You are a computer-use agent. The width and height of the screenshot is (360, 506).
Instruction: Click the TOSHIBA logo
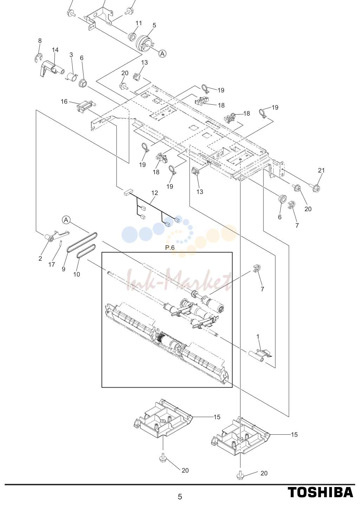coord(320,492)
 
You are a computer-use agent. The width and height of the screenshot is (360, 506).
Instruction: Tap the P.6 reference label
coord(170,248)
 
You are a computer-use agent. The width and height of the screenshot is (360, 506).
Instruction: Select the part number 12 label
coord(155,193)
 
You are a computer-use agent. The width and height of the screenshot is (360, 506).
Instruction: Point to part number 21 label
coord(321,170)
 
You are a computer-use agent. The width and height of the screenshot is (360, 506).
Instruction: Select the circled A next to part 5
coord(162,53)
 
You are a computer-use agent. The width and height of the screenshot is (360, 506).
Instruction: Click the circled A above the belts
coord(66,220)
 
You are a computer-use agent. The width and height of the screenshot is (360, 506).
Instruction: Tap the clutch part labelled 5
coord(145,44)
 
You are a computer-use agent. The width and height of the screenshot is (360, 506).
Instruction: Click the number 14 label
coord(55,50)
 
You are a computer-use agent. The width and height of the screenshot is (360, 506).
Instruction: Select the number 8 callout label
coord(40,41)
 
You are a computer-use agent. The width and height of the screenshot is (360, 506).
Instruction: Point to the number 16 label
coord(64,102)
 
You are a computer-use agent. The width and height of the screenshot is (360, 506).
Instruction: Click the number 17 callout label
coord(52,264)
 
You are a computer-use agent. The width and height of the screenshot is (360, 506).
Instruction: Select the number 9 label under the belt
coord(64,269)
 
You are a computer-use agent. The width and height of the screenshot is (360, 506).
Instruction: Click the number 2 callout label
coord(40,259)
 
